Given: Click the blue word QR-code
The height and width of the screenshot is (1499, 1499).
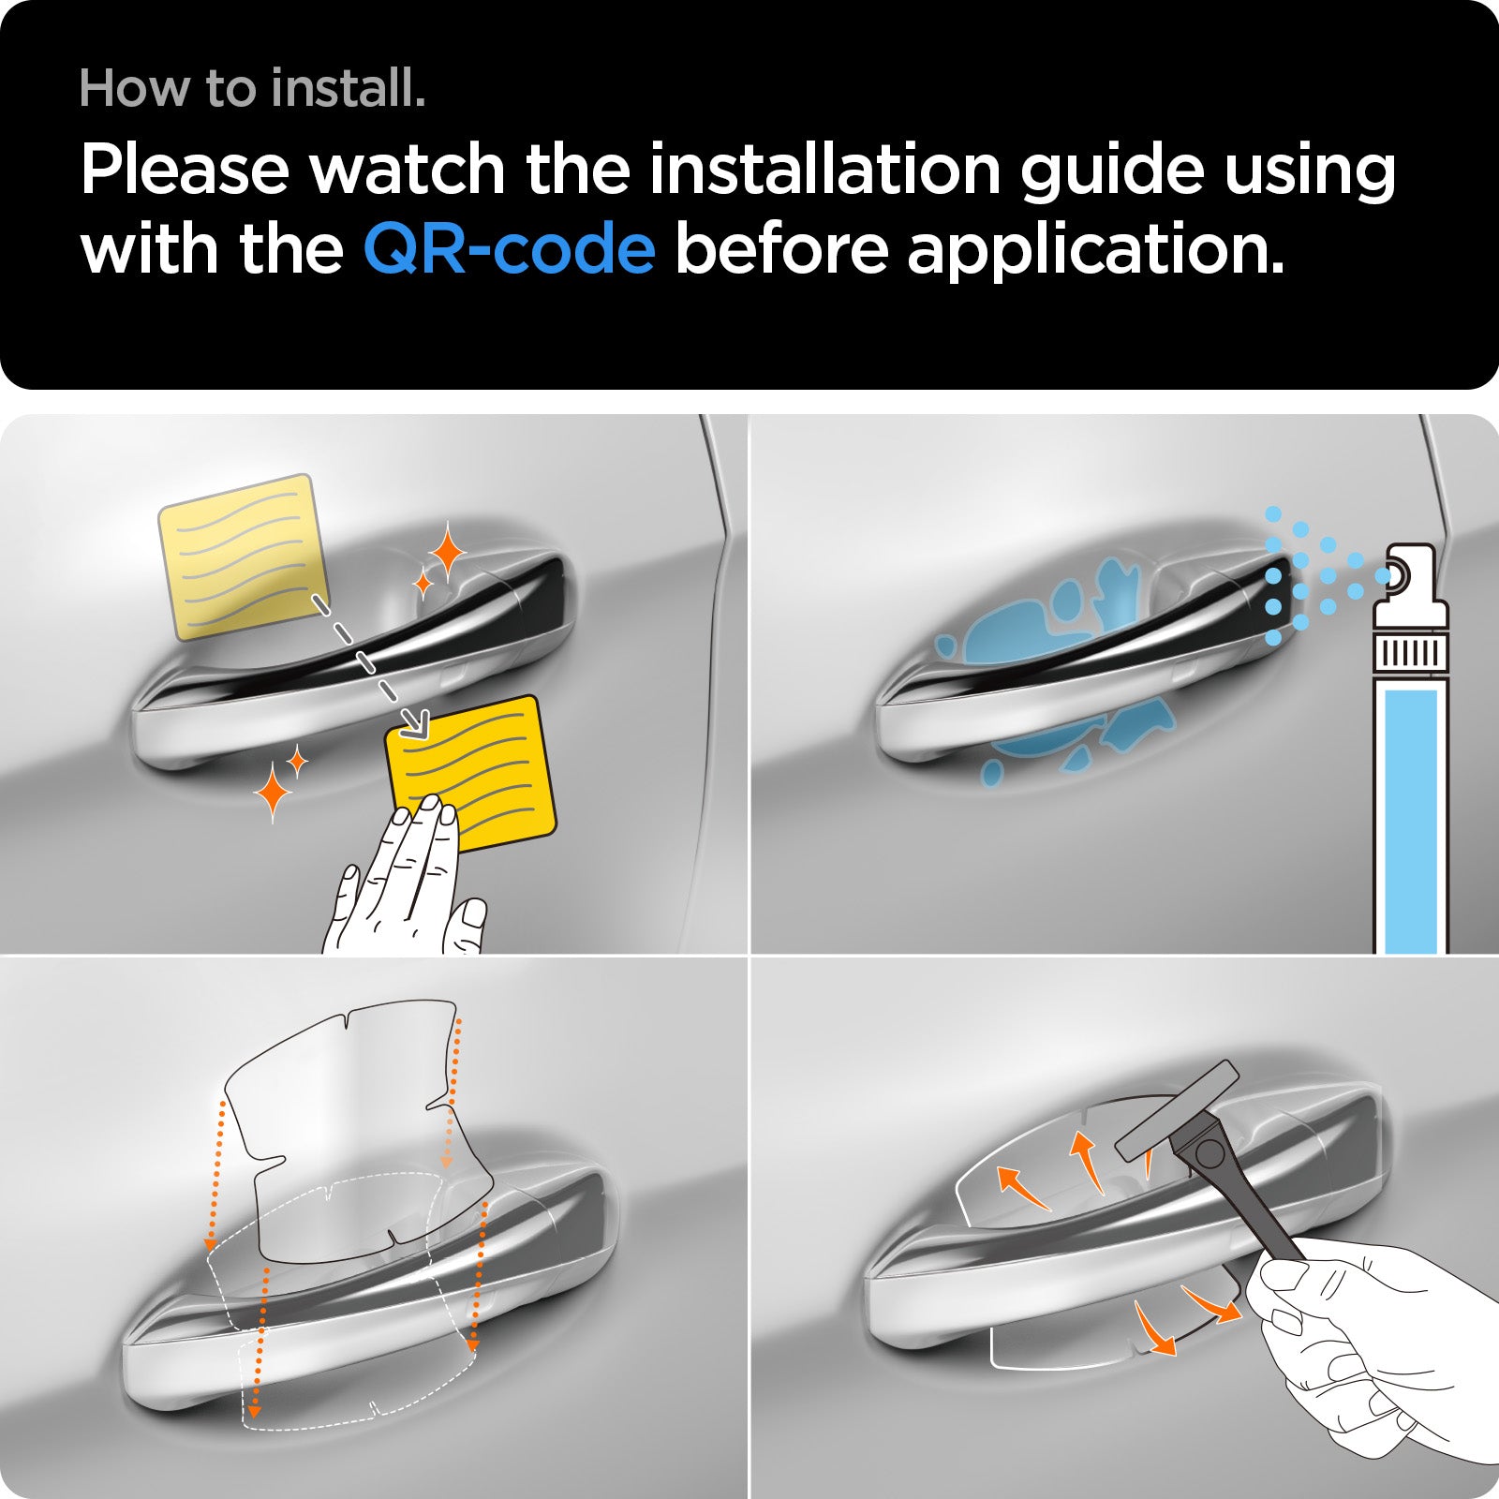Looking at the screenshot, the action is (x=509, y=249).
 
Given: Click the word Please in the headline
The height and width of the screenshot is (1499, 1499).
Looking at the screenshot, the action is (x=185, y=171).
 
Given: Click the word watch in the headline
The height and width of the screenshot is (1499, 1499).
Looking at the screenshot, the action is (x=407, y=171).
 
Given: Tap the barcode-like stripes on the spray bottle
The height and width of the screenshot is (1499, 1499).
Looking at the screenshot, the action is (x=1410, y=652).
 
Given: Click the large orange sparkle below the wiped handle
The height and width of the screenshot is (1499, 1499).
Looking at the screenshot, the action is (x=273, y=791).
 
